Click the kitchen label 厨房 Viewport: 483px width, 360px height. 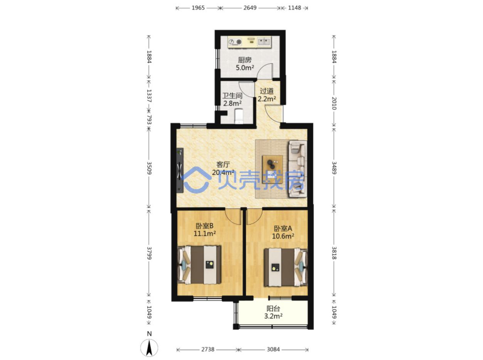click(x=244, y=60)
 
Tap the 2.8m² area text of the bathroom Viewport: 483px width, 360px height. click(x=232, y=103)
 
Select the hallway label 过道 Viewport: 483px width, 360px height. click(x=267, y=91)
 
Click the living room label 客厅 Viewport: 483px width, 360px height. click(x=223, y=164)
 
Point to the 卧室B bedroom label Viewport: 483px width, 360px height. click(x=204, y=226)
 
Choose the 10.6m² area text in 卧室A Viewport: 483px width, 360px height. click(x=283, y=236)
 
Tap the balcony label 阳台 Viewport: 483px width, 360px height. click(x=273, y=309)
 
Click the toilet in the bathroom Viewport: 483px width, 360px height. click(x=239, y=117)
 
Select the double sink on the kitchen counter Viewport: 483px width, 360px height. click(x=264, y=41)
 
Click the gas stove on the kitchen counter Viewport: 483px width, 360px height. click(x=235, y=42)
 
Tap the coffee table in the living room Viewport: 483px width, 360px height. click(x=273, y=169)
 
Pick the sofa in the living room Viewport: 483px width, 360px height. click(x=298, y=169)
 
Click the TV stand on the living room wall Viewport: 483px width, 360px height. click(x=180, y=170)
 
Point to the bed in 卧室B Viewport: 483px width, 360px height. click(x=199, y=265)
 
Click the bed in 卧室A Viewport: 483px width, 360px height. click(x=286, y=267)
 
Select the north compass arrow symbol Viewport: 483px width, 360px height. click(x=149, y=348)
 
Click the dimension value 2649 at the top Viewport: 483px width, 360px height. click(x=250, y=8)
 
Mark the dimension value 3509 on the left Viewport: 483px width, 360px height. click(x=149, y=168)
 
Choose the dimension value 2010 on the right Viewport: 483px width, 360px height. click(x=334, y=103)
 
